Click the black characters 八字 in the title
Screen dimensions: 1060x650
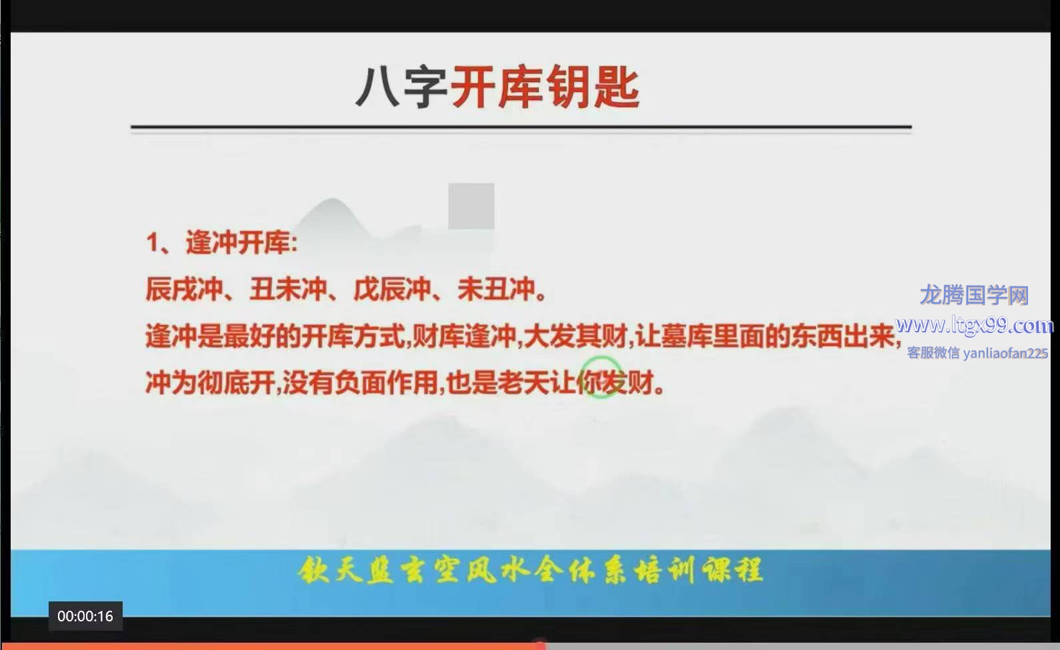click(401, 87)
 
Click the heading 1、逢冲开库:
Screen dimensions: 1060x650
click(222, 243)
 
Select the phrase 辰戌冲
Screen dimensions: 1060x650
click(184, 289)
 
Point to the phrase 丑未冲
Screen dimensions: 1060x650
click(289, 289)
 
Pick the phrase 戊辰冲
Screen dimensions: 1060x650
click(392, 289)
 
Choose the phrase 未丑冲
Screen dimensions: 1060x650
click(497, 289)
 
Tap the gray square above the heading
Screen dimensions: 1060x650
click(471, 206)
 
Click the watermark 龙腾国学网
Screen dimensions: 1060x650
click(975, 296)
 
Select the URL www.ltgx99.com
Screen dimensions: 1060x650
click(975, 326)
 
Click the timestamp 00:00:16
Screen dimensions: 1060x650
click(85, 616)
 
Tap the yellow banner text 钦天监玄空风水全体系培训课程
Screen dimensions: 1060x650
click(530, 570)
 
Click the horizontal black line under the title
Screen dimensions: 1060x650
click(521, 127)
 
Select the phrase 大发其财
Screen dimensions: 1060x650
click(576, 336)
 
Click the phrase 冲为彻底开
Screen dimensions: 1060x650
click(210, 382)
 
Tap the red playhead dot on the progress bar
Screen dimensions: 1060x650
click(539, 644)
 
